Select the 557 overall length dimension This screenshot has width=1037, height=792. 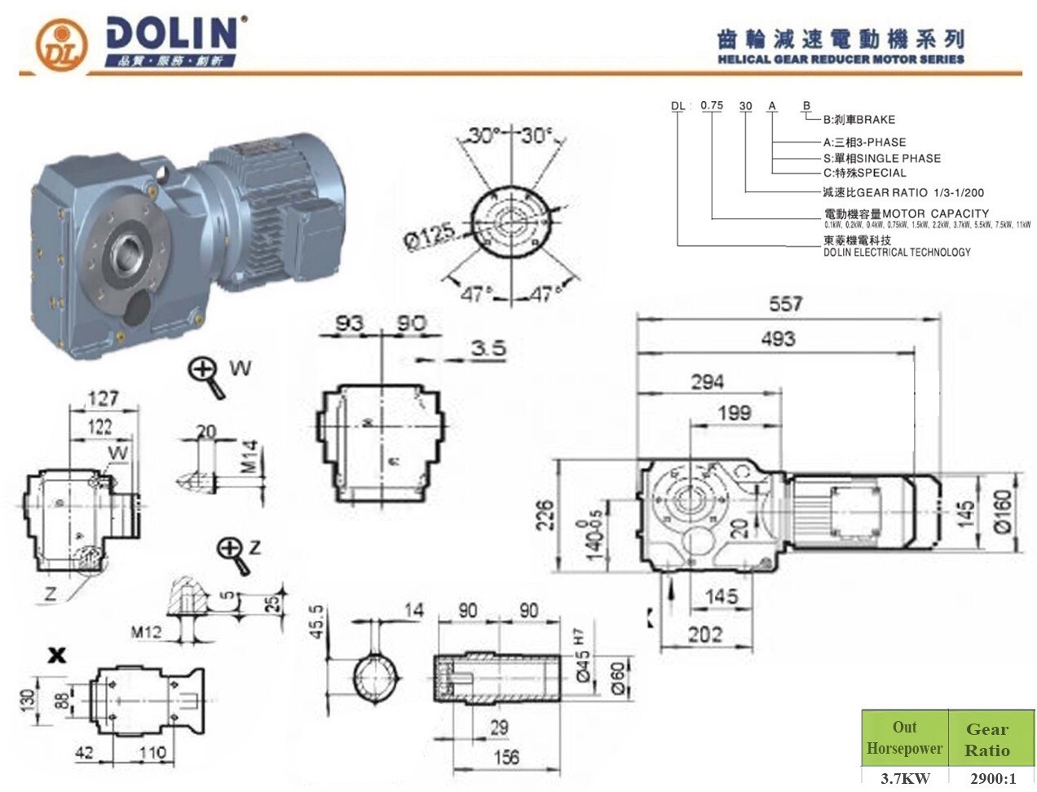(785, 303)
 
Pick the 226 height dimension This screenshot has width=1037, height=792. (545, 515)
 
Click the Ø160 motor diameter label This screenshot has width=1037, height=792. (1002, 510)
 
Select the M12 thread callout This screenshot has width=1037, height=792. (147, 631)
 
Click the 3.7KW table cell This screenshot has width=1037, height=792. (904, 777)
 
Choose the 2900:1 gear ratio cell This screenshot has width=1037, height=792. (987, 777)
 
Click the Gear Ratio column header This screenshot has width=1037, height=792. (987, 739)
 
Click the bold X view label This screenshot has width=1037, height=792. (56, 654)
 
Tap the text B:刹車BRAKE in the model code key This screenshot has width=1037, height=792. (858, 119)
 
